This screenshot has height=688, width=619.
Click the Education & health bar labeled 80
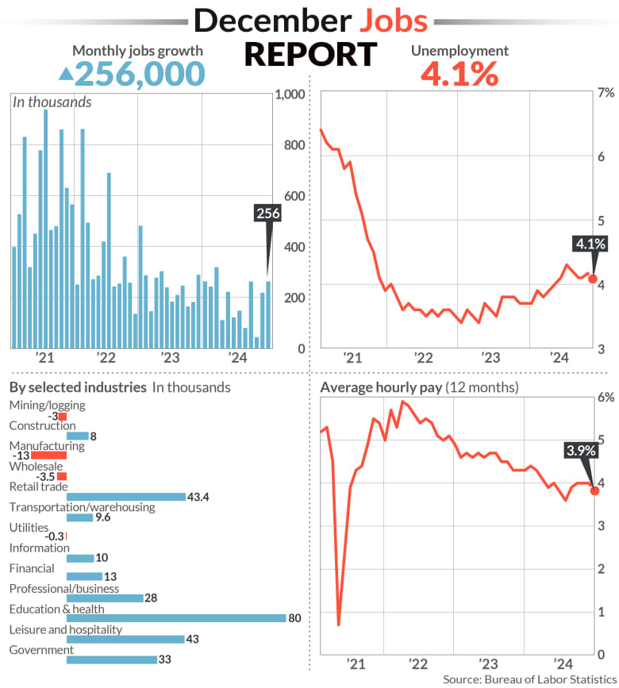pos(176,617)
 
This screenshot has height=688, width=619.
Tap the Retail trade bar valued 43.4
pos(125,497)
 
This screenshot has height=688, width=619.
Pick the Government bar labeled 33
pos(111,659)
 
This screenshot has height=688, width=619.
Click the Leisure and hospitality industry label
pos(65,629)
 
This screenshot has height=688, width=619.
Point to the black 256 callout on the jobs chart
pos(268,213)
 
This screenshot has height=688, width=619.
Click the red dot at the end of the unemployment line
pos(593,279)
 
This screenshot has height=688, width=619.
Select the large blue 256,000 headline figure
pos(140,75)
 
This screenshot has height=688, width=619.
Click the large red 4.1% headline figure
pos(459,75)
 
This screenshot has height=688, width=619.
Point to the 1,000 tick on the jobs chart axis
pos(290,94)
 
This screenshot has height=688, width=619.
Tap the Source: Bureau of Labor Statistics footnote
pos(529,679)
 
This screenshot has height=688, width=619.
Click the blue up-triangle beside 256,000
pos(67,75)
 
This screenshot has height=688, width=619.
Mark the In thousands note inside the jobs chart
pos(52,102)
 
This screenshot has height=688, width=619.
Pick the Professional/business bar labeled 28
pos(105,598)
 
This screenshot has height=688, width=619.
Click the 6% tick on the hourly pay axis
pos(605,397)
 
